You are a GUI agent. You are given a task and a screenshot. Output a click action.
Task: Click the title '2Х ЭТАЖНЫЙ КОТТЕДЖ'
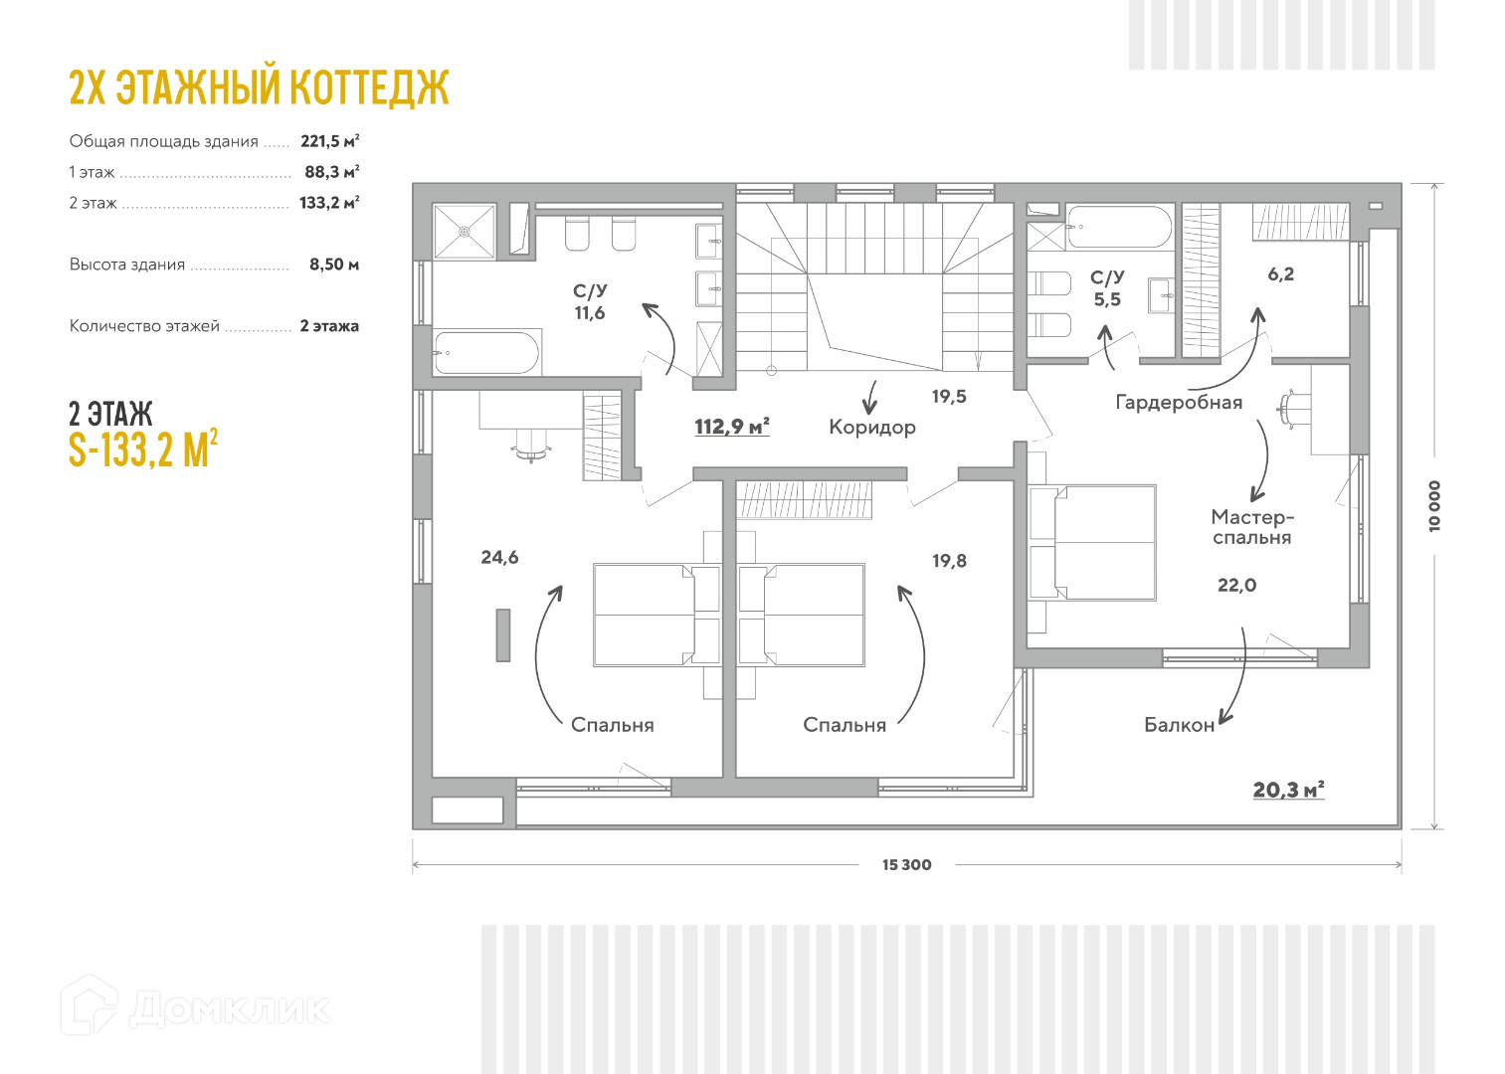[259, 88]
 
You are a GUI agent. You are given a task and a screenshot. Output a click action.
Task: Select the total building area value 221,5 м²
[329, 141]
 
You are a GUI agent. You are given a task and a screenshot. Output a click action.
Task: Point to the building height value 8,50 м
[333, 265]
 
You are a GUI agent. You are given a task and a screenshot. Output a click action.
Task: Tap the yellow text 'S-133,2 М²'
[143, 449]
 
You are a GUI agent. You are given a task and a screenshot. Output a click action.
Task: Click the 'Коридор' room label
[871, 428]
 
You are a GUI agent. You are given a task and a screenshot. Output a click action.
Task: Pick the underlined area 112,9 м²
[732, 427]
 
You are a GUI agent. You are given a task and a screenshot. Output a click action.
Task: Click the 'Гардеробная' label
[1179, 403]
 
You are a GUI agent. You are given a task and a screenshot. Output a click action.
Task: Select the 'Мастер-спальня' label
[1252, 527]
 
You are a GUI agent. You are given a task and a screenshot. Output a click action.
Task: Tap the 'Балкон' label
[1179, 725]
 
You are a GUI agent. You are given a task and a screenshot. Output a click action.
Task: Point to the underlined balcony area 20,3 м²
[1288, 790]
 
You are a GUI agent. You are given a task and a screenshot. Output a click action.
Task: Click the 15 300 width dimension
[906, 865]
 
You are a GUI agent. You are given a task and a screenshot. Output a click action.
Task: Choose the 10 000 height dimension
[1433, 506]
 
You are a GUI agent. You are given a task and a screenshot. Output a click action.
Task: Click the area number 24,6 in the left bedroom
[499, 558]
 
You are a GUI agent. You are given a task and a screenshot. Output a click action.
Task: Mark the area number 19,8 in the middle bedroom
[949, 561]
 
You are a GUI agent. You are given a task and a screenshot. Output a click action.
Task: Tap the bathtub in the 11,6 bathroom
[486, 352]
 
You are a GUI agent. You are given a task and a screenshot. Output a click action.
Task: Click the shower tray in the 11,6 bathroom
[464, 232]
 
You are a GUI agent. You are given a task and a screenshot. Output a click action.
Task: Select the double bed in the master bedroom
[1092, 544]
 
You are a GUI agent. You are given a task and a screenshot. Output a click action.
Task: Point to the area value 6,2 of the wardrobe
[1280, 274]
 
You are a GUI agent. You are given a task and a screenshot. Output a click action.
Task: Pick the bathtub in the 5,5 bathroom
[1119, 227]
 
